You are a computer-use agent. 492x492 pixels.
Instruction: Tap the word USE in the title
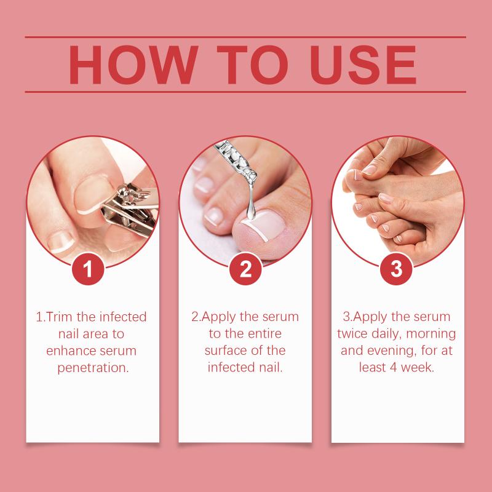[x=363, y=65]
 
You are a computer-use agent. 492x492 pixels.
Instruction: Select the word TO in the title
[x=252, y=65]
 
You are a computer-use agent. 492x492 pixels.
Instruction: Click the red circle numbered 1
[x=88, y=269]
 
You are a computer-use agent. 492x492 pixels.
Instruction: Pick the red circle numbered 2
[x=245, y=269]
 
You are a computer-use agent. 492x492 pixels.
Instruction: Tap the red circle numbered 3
[x=396, y=269]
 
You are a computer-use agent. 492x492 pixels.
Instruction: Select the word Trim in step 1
[x=60, y=317]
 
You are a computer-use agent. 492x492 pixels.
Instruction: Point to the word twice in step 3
[x=352, y=333]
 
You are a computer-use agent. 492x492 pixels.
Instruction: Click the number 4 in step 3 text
[x=394, y=368]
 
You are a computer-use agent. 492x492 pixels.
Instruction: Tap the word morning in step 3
[x=431, y=334]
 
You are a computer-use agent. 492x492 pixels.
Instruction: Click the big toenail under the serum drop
[x=264, y=224]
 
